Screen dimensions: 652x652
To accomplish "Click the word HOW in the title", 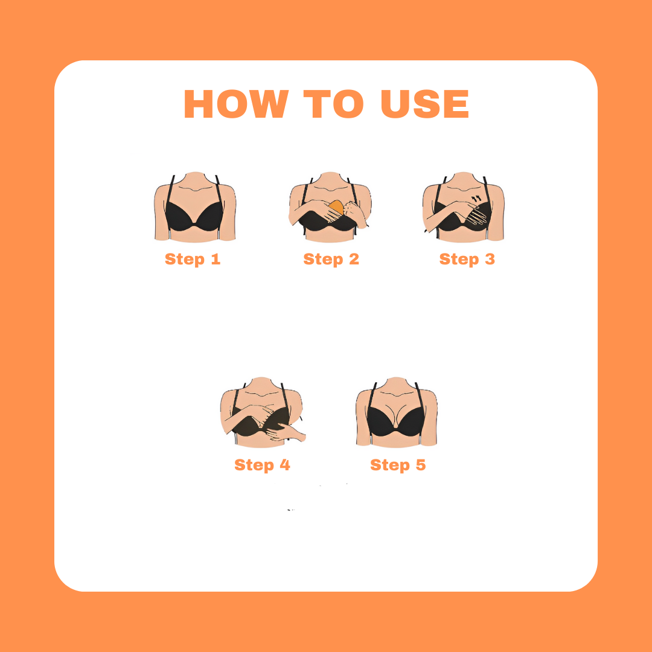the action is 236,104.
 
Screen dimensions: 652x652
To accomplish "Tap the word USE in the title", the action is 425,104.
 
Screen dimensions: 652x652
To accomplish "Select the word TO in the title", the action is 333,104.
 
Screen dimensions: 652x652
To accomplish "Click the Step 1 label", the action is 193,259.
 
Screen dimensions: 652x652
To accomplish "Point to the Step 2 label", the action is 331,259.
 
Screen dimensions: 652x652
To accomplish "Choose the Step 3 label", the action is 467,259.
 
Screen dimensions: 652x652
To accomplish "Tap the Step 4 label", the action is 262,465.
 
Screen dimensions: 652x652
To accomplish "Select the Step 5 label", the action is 398,465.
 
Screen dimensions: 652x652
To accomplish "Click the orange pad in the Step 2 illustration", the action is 336,207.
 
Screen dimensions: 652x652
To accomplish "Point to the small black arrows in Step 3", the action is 476,199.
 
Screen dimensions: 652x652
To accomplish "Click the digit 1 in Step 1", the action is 216,258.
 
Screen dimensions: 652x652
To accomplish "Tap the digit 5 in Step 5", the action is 421,464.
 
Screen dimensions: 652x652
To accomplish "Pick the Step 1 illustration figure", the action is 195,206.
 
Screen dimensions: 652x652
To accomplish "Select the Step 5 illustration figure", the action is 396,412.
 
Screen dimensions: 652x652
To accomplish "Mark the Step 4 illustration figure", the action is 263,412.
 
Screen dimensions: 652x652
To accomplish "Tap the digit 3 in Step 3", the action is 490,258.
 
